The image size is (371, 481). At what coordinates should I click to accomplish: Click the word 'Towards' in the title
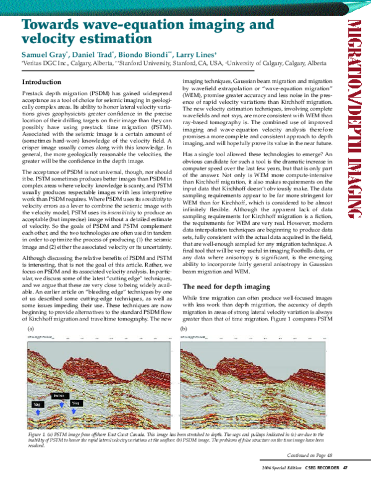tap(52, 25)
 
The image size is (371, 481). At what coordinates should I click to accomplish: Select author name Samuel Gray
tap(43, 54)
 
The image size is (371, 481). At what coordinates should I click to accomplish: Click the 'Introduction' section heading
tap(41, 82)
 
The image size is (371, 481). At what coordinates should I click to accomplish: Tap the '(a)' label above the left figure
tap(29, 330)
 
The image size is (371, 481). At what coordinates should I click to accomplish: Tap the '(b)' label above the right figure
tap(183, 330)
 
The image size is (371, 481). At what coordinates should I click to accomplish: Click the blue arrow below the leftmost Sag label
tap(35, 411)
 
